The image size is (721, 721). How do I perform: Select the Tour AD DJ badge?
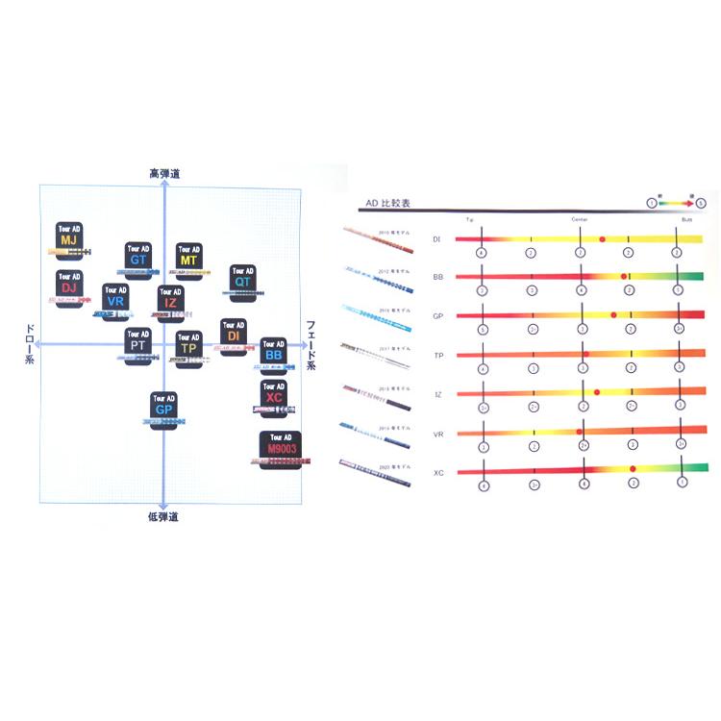click(68, 284)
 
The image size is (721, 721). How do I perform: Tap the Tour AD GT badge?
click(138, 256)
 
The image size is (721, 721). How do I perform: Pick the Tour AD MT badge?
click(189, 256)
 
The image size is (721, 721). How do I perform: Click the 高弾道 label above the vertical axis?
click(163, 173)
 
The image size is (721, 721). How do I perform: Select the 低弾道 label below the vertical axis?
click(163, 516)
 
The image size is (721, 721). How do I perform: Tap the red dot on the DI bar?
click(602, 238)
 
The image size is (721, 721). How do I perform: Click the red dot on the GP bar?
click(613, 315)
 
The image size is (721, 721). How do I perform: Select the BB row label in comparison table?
click(437, 277)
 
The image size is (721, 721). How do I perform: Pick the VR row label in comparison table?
click(437, 434)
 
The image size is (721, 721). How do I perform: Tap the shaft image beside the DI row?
click(378, 240)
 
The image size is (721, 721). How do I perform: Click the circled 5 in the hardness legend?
click(701, 203)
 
